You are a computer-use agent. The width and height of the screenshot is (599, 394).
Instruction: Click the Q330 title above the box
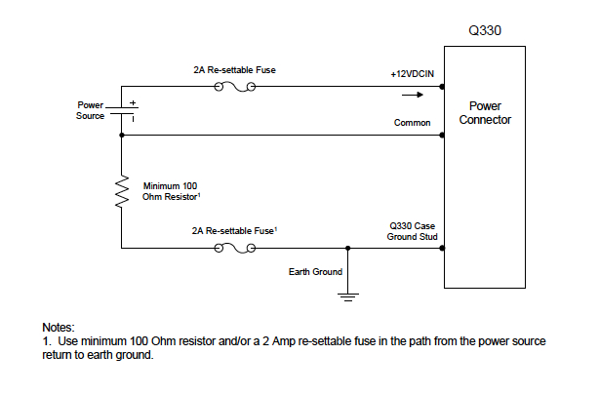[484, 30]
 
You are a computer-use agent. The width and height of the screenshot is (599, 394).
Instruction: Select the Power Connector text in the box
[485, 113]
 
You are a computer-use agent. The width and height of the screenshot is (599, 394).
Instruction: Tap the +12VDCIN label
[411, 74]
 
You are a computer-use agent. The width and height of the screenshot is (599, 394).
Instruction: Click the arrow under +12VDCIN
[414, 95]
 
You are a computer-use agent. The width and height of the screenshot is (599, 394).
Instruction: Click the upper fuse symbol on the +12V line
[234, 87]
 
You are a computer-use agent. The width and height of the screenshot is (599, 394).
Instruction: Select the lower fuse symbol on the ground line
[234, 248]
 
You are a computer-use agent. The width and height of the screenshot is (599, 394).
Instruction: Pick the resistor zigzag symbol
[122, 191]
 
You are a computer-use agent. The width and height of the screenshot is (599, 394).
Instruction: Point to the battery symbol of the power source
[122, 110]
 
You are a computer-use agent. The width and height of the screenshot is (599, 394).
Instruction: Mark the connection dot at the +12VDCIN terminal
[444, 87]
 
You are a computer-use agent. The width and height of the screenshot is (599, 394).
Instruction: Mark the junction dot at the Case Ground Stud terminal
[444, 248]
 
